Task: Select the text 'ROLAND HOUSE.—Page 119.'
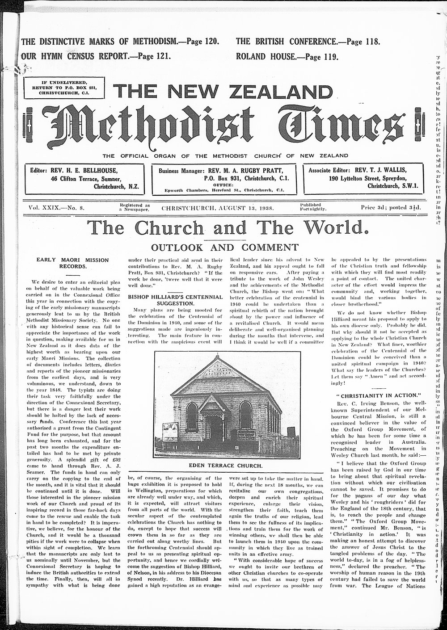coord(287,57)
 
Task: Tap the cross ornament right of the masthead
coord(418,123)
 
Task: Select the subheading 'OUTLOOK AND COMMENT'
coord(224,247)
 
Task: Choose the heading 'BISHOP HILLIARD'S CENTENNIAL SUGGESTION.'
coord(175,299)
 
